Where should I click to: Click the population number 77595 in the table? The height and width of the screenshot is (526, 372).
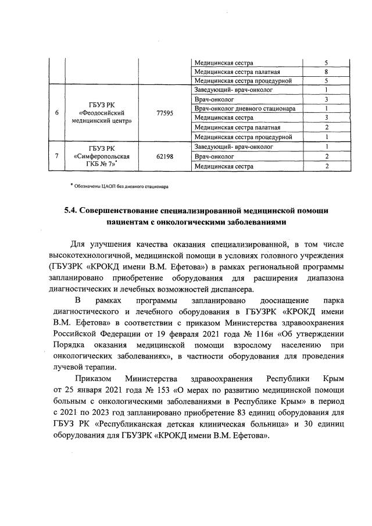pyautogui.click(x=165, y=113)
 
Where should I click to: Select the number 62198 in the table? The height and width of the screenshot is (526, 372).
pyautogui.click(x=165, y=157)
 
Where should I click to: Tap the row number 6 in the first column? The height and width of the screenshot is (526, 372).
pyautogui.click(x=56, y=113)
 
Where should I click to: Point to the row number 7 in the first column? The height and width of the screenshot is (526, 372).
pyautogui.click(x=56, y=157)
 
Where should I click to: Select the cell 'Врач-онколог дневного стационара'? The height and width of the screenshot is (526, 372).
pyautogui.click(x=245, y=109)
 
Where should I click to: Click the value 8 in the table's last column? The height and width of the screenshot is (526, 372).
pyautogui.click(x=327, y=72)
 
